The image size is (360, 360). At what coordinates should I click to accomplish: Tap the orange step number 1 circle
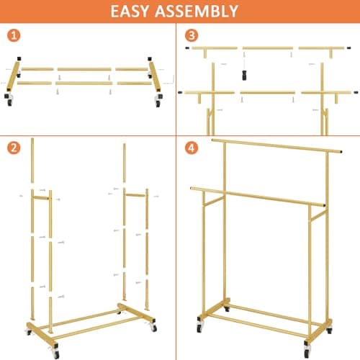[x=14, y=36]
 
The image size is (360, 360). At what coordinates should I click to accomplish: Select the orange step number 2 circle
[x=14, y=150]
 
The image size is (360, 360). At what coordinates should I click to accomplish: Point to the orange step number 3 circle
[x=191, y=36]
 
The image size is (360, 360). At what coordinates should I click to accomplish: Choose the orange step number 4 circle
[x=191, y=150]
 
